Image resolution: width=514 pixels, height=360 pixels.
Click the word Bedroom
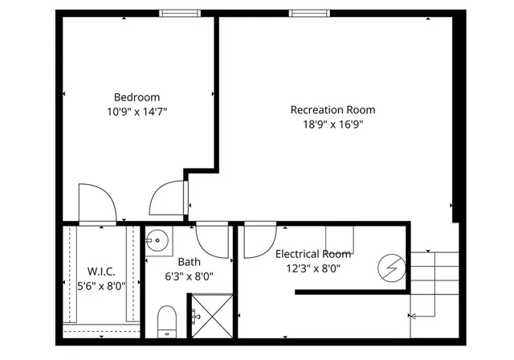(x=137, y=96)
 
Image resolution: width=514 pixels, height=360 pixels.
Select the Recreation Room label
(x=332, y=110)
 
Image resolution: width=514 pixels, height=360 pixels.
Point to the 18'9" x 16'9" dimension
(x=332, y=125)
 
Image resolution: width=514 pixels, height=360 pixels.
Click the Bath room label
(x=190, y=261)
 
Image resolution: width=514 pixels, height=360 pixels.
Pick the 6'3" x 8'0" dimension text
(x=190, y=276)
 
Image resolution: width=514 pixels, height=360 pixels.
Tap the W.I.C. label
(x=101, y=271)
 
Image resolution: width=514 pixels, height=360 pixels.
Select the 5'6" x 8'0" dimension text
(x=101, y=285)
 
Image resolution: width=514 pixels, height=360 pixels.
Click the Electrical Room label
(x=312, y=254)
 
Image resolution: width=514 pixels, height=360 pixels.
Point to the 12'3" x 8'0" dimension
(x=312, y=269)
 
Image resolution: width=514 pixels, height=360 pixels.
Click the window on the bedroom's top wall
(x=180, y=13)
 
